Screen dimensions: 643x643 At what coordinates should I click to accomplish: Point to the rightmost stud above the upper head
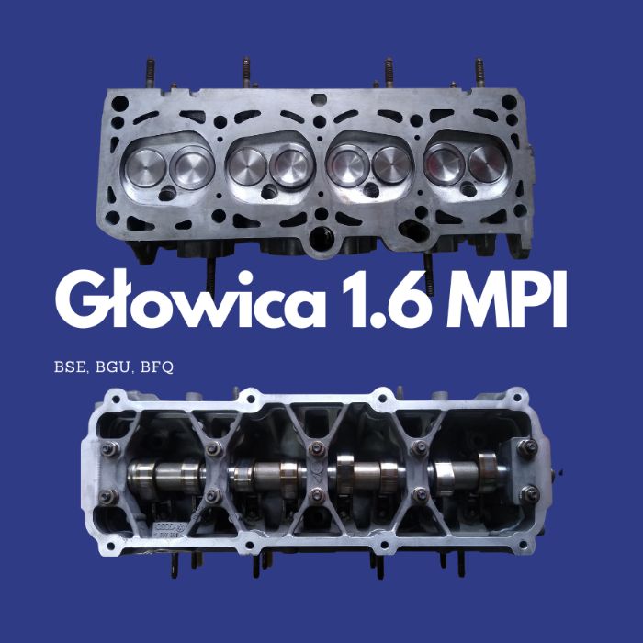479,72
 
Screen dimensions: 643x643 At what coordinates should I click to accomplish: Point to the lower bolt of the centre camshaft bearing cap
318,495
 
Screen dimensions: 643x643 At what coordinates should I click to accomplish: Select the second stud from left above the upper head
245,72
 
